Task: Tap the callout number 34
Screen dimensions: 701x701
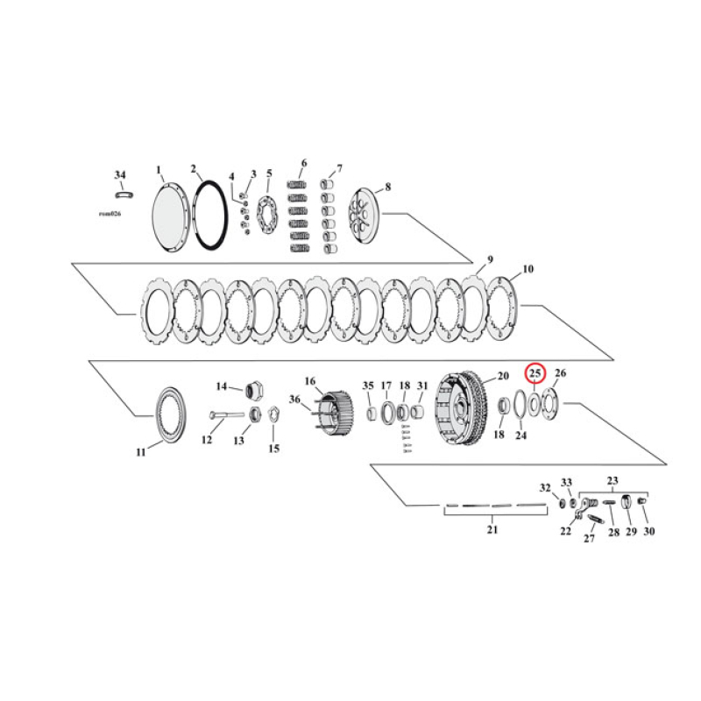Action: (x=120, y=174)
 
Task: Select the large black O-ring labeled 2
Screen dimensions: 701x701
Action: (x=213, y=214)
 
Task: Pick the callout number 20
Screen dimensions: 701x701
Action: (x=502, y=376)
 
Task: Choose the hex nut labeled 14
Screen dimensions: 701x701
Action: (x=257, y=389)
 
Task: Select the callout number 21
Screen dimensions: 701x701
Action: (x=492, y=530)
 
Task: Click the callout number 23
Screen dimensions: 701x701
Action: (x=612, y=480)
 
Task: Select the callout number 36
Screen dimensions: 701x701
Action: (x=294, y=400)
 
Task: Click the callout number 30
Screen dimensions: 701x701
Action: (x=648, y=531)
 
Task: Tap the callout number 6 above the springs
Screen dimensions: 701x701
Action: (x=303, y=163)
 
